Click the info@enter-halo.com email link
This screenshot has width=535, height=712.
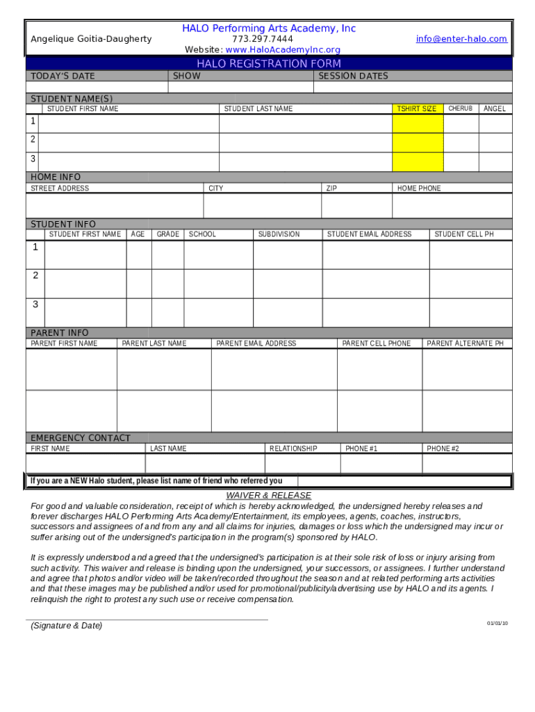(x=461, y=39)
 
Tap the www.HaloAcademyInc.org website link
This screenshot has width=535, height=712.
(x=283, y=50)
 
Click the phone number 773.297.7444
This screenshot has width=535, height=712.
(x=263, y=39)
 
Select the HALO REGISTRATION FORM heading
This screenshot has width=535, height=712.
(x=269, y=63)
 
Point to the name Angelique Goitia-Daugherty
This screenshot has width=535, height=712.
(x=91, y=39)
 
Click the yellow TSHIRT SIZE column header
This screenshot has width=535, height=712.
(x=417, y=109)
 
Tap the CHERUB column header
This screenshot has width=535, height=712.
(x=460, y=108)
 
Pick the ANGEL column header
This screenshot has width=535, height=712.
(x=495, y=109)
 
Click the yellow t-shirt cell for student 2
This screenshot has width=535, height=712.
(x=418, y=143)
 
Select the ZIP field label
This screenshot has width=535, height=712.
(x=332, y=188)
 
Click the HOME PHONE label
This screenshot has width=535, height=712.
(x=419, y=188)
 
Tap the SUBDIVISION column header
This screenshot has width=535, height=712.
(x=279, y=235)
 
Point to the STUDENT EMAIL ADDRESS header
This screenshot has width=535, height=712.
(x=369, y=235)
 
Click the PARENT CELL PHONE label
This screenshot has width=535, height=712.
(x=377, y=343)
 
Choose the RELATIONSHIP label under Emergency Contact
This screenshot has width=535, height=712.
(x=293, y=449)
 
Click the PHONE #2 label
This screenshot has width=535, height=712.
(x=443, y=449)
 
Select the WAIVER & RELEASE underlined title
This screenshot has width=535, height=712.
(x=269, y=496)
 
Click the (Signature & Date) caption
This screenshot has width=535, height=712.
(x=66, y=626)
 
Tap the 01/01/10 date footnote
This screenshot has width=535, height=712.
(x=497, y=623)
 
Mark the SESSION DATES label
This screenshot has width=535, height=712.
(x=353, y=76)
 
